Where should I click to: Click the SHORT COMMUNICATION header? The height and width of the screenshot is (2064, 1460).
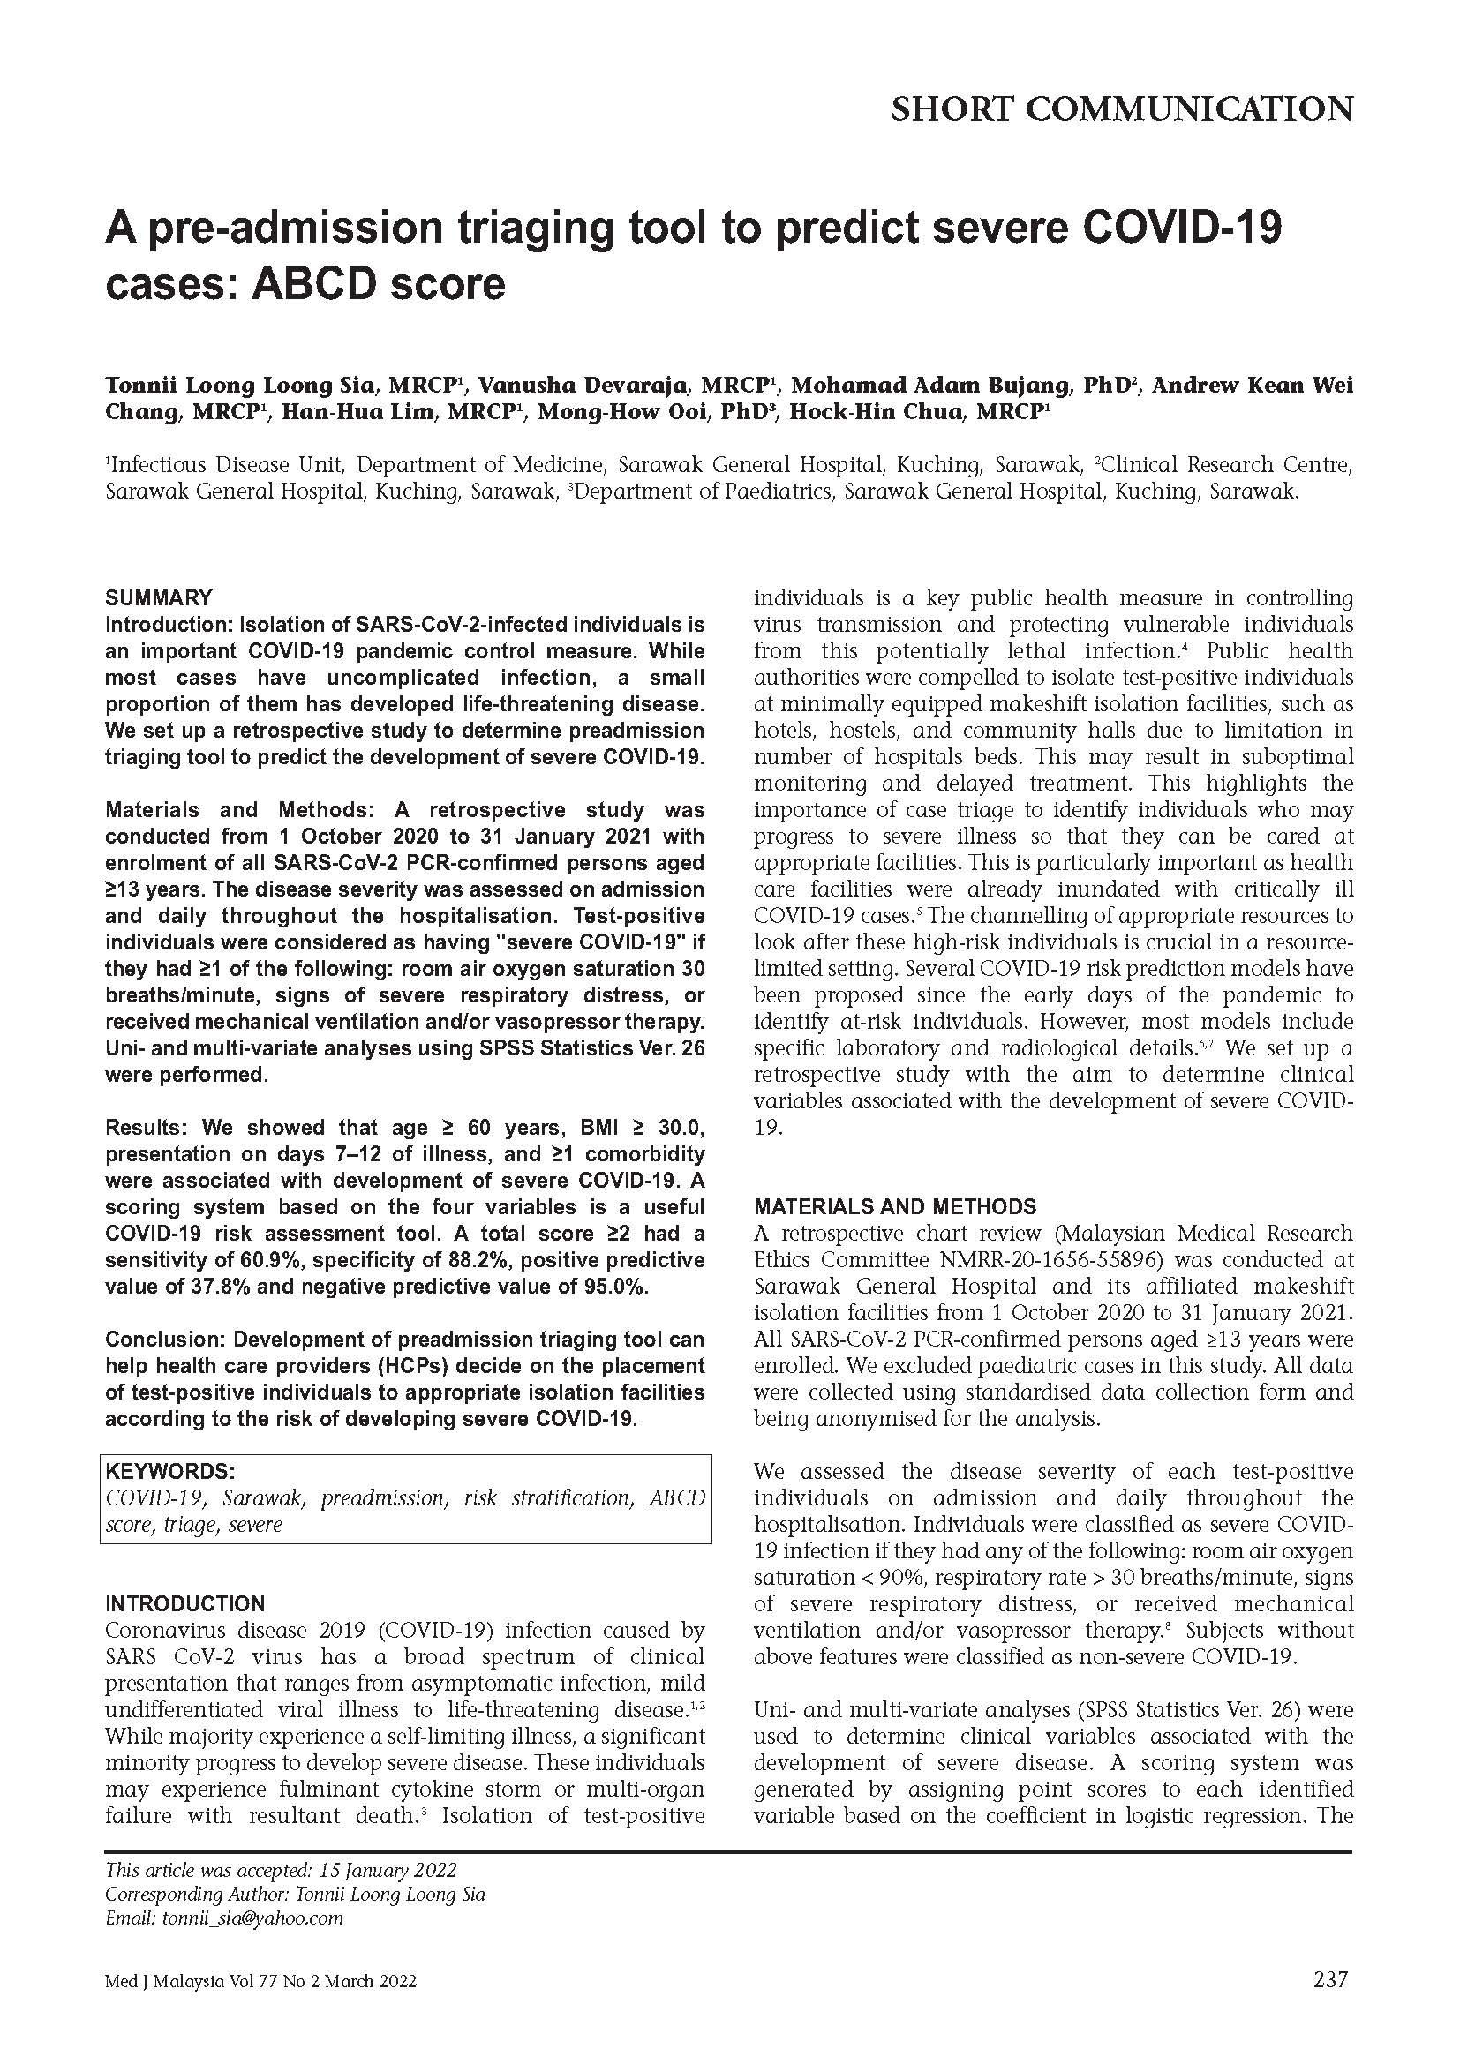tap(1121, 109)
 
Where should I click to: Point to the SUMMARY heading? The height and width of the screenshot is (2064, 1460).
tap(158, 597)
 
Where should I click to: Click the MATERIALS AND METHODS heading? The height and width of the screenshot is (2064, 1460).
tap(894, 1206)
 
